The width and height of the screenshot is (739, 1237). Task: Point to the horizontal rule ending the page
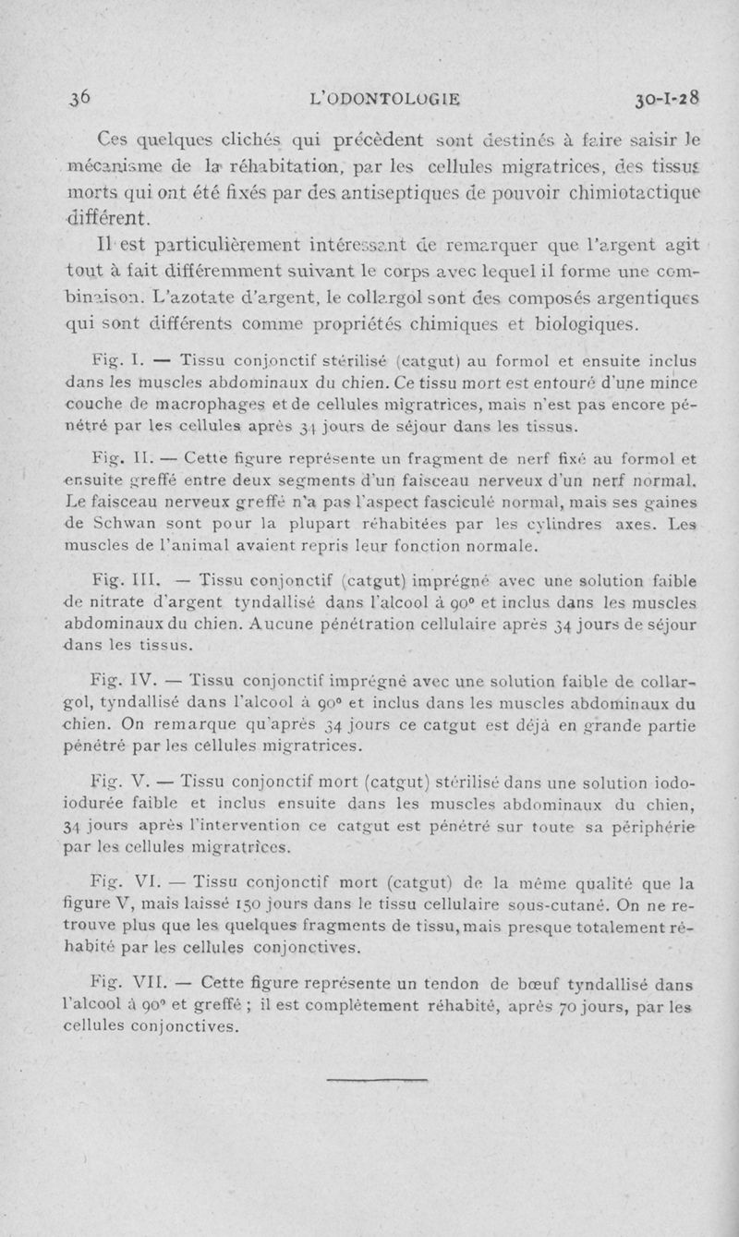point(368,1077)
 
